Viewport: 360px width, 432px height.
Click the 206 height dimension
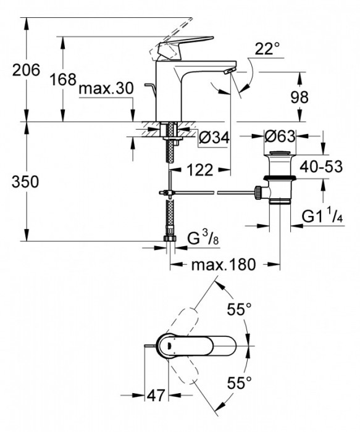coord(26,70)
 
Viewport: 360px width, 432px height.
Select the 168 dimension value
coord(62,79)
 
